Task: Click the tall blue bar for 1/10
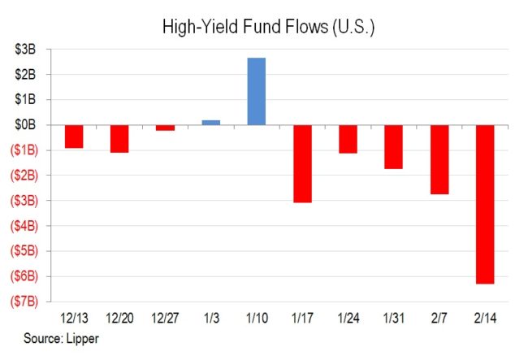[x=256, y=91]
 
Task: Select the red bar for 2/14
[x=485, y=204]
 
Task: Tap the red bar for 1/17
[x=302, y=163]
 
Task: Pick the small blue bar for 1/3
[x=210, y=122]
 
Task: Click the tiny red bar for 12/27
[x=165, y=128]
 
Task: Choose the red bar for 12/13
[x=74, y=137]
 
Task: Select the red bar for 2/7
[x=439, y=159]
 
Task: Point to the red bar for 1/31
[x=394, y=146]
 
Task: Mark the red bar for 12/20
[x=119, y=139]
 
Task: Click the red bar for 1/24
[x=348, y=139]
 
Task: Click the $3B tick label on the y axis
[x=25, y=49]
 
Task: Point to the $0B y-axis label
[x=25, y=124]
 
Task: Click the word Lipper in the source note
[x=82, y=336]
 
